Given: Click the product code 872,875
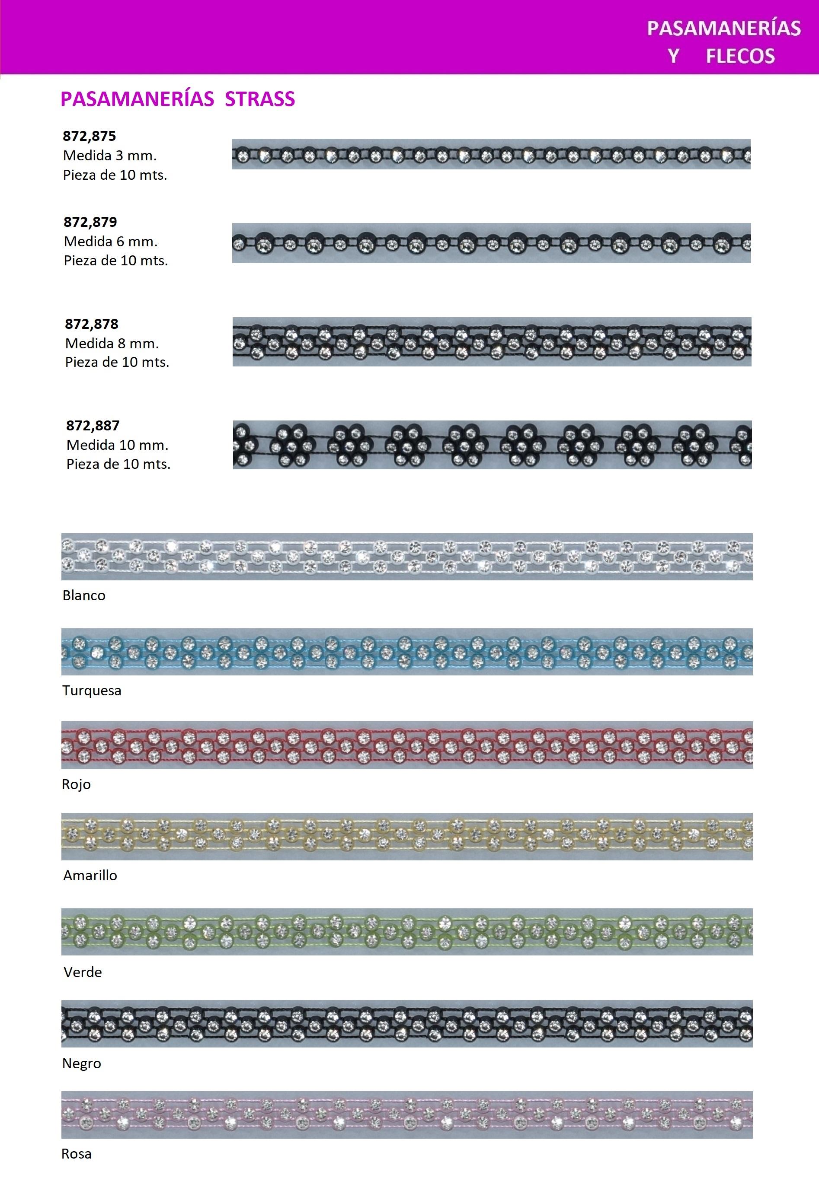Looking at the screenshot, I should click(89, 136).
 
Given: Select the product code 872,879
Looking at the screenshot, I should click(90, 222).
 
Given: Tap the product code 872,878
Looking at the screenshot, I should click(91, 324).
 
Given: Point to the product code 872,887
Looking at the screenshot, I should click(93, 425).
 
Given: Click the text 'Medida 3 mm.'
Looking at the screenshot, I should click(110, 156).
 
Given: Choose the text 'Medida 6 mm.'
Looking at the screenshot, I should click(111, 241).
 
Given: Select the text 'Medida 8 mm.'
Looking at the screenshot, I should click(112, 343).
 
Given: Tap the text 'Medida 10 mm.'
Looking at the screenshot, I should click(118, 445).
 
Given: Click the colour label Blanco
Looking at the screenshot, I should click(83, 595).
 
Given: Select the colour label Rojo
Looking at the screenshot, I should click(76, 784).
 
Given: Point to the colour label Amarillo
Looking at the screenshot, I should click(90, 876).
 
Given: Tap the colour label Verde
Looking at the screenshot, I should click(83, 972).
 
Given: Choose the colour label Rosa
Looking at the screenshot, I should click(77, 1154).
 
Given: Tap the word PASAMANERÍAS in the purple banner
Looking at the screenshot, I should click(723, 28).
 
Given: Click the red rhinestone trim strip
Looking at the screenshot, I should click(406, 745).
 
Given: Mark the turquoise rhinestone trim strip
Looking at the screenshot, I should click(406, 651).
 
